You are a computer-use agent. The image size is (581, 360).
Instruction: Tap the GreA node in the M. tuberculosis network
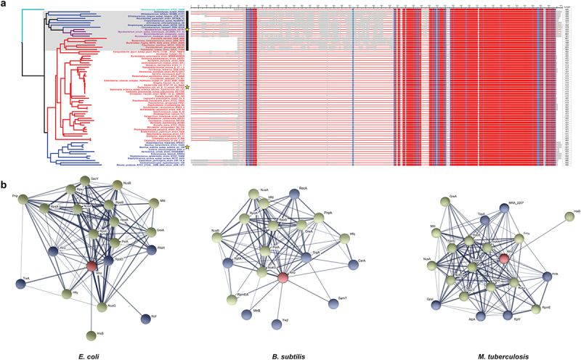(452, 202)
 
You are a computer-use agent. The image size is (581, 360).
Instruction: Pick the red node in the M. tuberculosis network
(503, 258)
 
